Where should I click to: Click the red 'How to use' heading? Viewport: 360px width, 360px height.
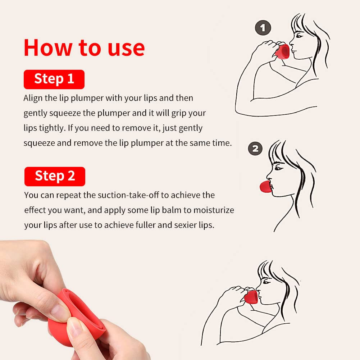[84, 47]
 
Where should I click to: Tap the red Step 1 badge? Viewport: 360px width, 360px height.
[54, 79]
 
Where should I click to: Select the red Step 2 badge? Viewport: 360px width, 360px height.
[55, 176]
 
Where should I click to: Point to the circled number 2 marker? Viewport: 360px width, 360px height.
[255, 149]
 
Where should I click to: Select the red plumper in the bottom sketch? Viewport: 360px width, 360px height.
[251, 297]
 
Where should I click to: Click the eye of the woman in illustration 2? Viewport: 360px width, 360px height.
[278, 168]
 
